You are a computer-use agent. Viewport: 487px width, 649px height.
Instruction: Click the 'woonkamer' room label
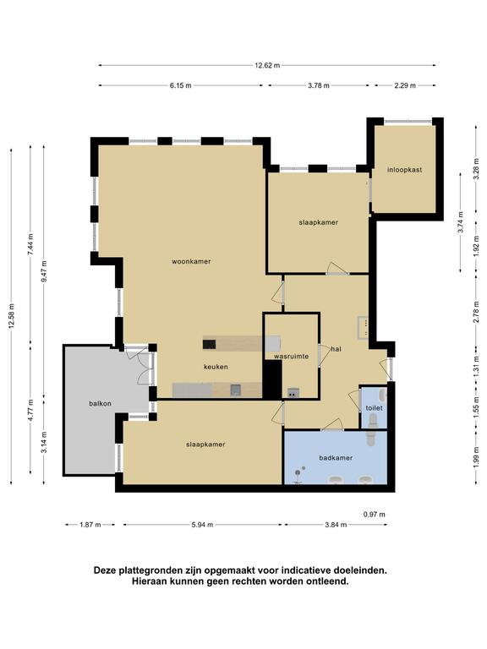[191, 261]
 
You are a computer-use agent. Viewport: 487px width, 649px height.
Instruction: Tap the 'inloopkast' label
[405, 170]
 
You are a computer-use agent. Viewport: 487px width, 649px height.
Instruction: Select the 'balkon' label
[101, 403]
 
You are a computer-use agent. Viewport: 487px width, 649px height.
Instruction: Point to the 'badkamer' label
[336, 458]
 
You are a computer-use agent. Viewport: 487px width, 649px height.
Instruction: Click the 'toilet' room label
[374, 408]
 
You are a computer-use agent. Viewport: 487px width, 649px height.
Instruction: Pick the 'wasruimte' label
[291, 356]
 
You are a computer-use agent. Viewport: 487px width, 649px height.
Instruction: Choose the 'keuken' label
[216, 367]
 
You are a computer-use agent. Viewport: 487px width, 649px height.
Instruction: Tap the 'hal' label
[336, 349]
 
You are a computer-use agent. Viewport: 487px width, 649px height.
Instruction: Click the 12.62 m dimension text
[267, 65]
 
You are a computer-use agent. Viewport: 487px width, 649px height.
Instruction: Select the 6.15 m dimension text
[181, 85]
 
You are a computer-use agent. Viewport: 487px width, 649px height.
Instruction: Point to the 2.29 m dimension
[405, 85]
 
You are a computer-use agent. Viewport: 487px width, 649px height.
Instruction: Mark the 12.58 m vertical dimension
[11, 317]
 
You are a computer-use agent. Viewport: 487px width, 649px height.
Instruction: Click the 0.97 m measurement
[374, 515]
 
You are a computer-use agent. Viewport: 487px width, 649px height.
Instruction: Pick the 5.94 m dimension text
[202, 525]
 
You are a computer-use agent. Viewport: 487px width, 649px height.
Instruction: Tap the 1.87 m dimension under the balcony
[90, 525]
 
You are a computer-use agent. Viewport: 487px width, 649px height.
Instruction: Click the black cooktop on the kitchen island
[210, 344]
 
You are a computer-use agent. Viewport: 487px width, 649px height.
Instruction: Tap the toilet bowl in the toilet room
[373, 422]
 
